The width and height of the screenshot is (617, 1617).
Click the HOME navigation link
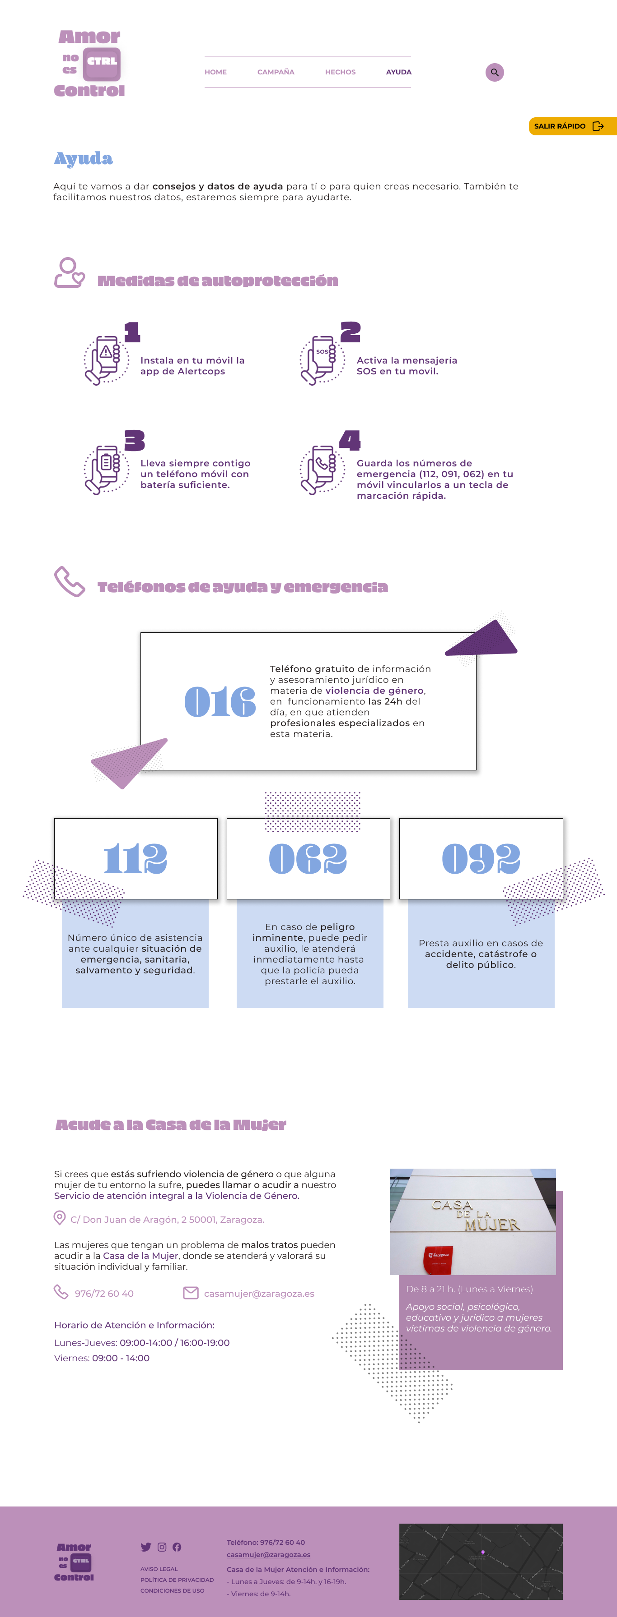[215, 72]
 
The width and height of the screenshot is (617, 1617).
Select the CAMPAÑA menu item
[276, 72]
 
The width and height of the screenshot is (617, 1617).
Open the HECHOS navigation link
[340, 72]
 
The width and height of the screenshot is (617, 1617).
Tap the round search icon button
[495, 72]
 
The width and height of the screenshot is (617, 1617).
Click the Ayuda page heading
[84, 159]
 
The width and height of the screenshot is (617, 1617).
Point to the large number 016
[220, 702]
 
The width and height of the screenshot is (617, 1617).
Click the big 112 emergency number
[136, 859]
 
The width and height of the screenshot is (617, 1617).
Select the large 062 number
[308, 859]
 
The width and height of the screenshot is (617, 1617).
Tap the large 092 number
[481, 859]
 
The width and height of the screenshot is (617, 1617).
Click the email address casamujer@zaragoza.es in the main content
[259, 1293]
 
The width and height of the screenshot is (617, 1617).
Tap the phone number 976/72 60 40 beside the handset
[104, 1293]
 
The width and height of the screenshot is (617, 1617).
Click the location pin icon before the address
[60, 1218]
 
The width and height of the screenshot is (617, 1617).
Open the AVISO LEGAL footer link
[159, 1569]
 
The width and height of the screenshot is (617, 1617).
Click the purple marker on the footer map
[482, 1553]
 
